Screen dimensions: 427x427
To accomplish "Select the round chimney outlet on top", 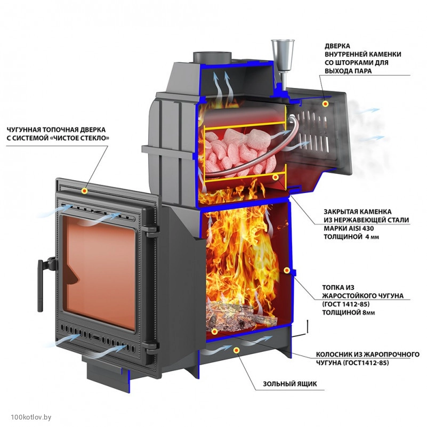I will (x=212, y=55).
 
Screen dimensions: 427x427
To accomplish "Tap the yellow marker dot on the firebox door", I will (x=85, y=190).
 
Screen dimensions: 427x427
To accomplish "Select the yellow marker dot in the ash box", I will (x=236, y=350).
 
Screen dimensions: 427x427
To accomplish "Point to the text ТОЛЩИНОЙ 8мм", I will (x=349, y=313).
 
